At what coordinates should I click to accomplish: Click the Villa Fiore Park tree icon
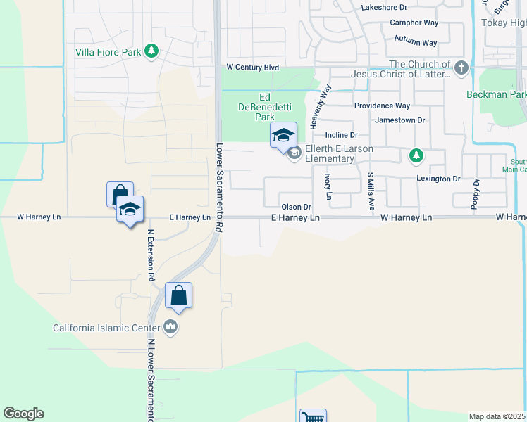[x=151, y=51]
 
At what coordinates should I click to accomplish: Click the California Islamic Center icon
[x=170, y=327]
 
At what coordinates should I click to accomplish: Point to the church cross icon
[x=461, y=68]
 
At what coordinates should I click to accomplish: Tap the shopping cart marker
[x=312, y=418]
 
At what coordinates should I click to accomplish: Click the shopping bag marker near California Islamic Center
[x=178, y=295]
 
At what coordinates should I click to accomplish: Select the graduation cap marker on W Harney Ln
[x=130, y=210]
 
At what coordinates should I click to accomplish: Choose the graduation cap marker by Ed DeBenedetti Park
[x=283, y=135]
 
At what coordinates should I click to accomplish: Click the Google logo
[x=23, y=414]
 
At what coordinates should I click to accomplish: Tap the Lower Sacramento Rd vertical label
[x=219, y=188]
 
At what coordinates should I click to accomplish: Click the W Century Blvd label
[x=252, y=68]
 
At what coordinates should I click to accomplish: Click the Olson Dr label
[x=296, y=207]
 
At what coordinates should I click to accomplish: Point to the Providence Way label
[x=382, y=105]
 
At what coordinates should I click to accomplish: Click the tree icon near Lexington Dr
[x=416, y=155]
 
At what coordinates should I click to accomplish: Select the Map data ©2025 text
[x=497, y=416]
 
